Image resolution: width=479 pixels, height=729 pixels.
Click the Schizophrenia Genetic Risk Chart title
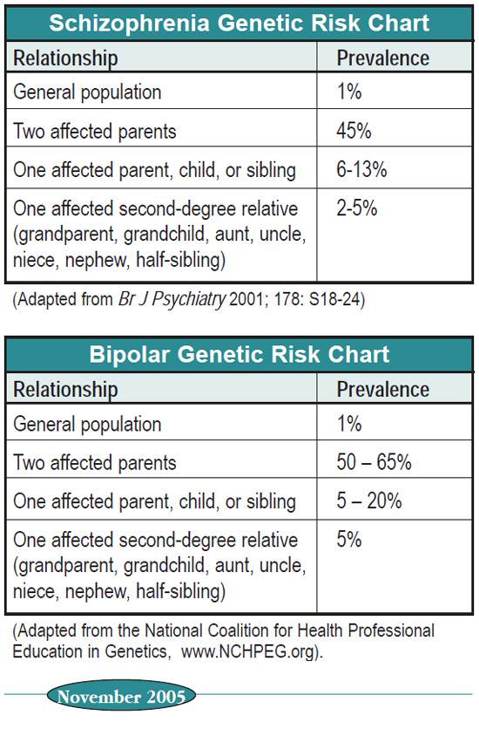click(x=239, y=23)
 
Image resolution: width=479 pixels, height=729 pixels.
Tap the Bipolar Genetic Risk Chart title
click(x=239, y=354)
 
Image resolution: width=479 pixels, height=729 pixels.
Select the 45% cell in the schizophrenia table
click(x=354, y=131)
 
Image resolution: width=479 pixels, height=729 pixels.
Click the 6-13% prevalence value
click(x=361, y=169)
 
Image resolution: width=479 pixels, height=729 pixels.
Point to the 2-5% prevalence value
click(x=356, y=208)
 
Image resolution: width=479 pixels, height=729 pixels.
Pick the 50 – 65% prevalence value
click(x=374, y=462)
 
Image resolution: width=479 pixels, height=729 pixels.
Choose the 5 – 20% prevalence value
click(x=369, y=501)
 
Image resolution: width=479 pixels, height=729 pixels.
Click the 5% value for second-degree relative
click(x=349, y=539)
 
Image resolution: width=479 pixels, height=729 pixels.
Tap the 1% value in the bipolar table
click(x=349, y=423)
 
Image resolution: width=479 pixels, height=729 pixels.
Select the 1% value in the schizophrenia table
click(x=349, y=91)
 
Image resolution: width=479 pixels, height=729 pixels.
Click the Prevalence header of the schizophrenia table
click(x=383, y=58)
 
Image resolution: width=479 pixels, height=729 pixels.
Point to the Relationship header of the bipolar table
click(x=65, y=390)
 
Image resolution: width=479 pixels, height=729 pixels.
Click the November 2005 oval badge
click(x=121, y=696)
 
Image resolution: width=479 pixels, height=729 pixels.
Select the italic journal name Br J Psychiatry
click(x=172, y=299)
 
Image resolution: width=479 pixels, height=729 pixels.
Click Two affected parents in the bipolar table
click(x=95, y=462)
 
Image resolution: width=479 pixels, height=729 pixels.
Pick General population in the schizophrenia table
click(x=87, y=92)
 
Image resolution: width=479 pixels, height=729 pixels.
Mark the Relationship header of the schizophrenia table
click(x=65, y=58)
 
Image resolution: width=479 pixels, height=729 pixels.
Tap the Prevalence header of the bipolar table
click(x=383, y=390)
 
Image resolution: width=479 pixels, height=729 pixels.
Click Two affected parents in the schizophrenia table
click(x=95, y=131)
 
